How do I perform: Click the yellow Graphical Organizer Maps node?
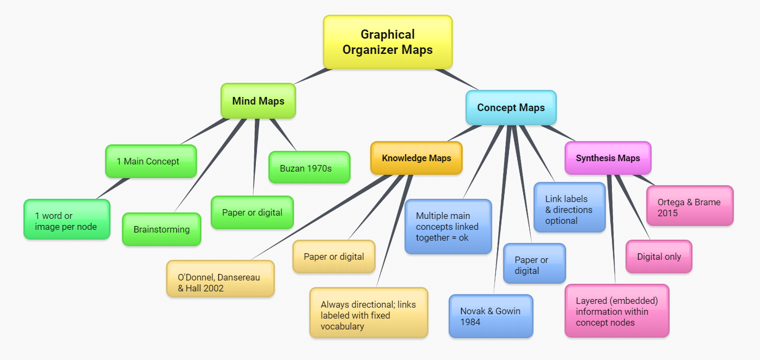[388, 42]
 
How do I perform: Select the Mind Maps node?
[258, 101]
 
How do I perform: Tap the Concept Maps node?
[511, 107]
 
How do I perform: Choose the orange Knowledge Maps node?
[416, 158]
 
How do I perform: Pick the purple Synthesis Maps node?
[608, 158]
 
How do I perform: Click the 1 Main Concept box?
[150, 161]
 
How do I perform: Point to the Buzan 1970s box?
[309, 168]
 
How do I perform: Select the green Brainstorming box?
[161, 229]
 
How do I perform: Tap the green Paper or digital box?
[252, 212]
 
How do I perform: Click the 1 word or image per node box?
[66, 219]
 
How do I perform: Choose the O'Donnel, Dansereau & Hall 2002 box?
[220, 278]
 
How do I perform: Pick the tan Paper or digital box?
[334, 257]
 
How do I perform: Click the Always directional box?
[369, 313]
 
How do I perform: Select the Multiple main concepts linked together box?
[448, 227]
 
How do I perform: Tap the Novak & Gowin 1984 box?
[491, 316]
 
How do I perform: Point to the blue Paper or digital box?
[534, 264]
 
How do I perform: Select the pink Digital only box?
[659, 257]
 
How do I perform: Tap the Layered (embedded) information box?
[616, 310]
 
